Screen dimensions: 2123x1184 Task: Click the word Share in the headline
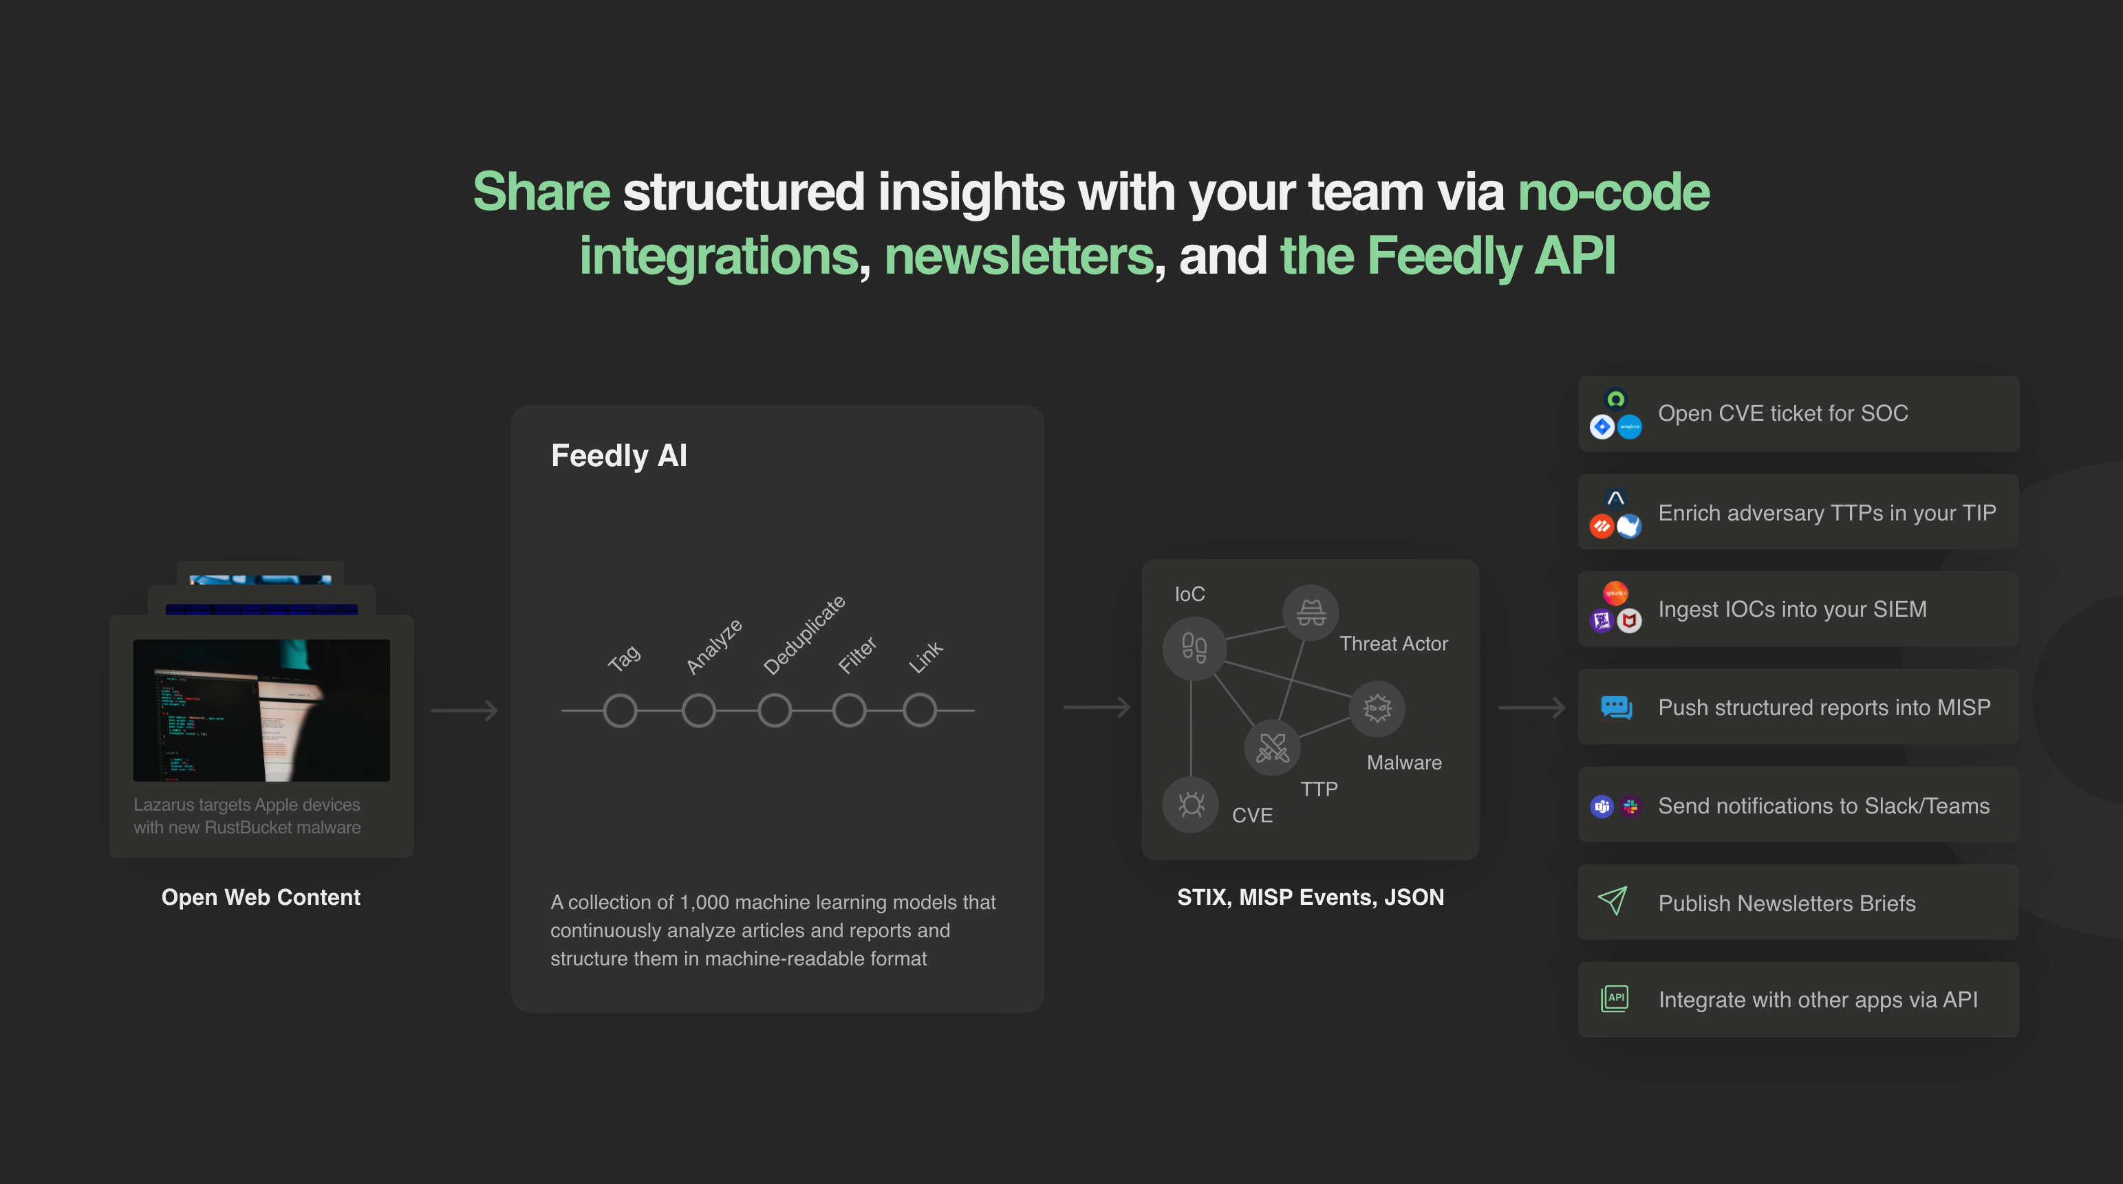coord(541,192)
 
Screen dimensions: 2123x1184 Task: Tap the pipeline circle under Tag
coord(621,710)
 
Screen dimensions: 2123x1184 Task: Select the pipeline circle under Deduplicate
coord(775,710)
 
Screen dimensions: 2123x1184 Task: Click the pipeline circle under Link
coord(920,710)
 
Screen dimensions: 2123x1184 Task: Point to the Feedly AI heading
coord(619,456)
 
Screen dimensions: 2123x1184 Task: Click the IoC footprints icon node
coord(1194,648)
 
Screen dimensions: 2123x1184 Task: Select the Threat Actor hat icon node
coord(1311,612)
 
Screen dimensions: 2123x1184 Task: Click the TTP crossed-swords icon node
coord(1271,747)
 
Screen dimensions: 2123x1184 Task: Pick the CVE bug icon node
coord(1191,804)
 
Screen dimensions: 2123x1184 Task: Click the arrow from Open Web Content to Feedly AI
coord(465,710)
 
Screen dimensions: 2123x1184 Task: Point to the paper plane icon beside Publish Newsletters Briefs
coord(1613,901)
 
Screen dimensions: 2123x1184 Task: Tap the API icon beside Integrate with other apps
coord(1615,998)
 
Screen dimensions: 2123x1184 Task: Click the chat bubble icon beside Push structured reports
coord(1616,707)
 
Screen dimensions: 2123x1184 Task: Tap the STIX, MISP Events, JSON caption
coord(1311,897)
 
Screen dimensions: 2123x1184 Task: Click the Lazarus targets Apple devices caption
coord(247,815)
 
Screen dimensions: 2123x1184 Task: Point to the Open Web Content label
coord(261,897)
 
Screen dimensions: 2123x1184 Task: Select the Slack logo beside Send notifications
coord(1630,807)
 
